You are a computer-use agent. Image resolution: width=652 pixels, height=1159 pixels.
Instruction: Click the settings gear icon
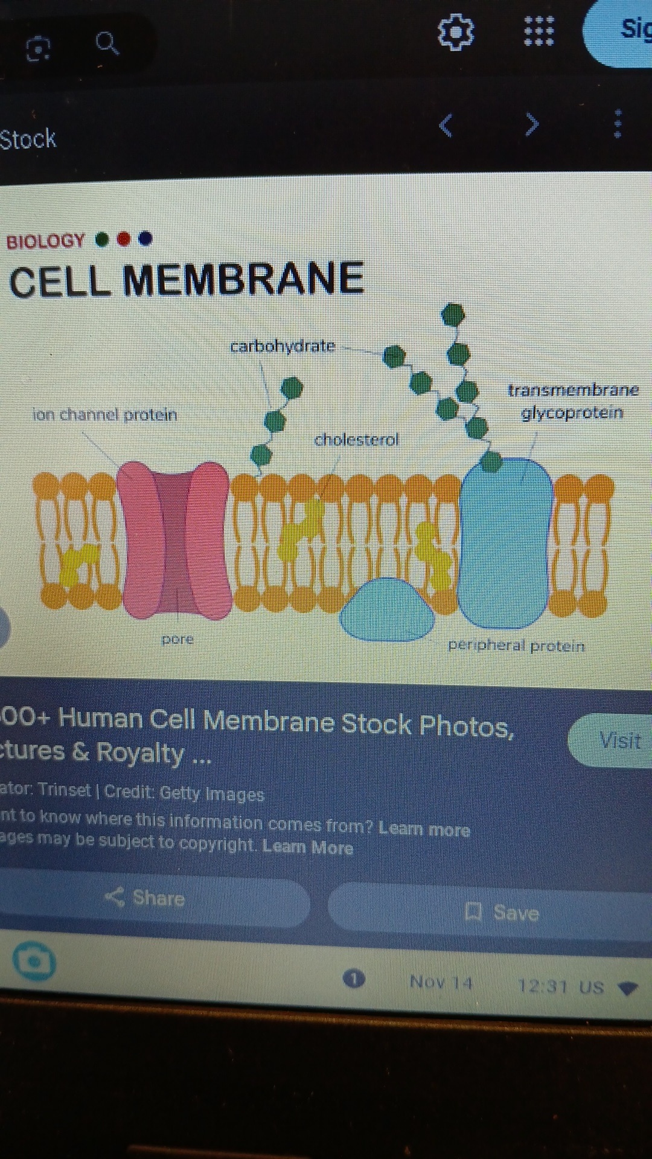[x=456, y=31]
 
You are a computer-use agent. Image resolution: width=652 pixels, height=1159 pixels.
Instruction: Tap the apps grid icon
[x=539, y=31]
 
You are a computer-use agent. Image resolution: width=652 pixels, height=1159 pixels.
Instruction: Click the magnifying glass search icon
[x=107, y=43]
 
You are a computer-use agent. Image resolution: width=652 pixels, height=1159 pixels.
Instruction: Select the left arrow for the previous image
[x=446, y=125]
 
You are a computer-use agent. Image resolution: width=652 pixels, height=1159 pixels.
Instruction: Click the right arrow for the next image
[x=531, y=124]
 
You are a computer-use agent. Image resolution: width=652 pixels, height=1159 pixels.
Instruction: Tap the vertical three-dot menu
[x=617, y=124]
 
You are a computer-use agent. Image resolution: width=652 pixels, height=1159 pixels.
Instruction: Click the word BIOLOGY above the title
[x=45, y=241]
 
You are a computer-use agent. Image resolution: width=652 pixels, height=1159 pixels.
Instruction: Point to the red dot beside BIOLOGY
[x=124, y=240]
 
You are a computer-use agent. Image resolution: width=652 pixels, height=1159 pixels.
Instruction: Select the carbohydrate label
[x=283, y=346]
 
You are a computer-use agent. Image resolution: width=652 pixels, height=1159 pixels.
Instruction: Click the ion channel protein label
[x=104, y=415]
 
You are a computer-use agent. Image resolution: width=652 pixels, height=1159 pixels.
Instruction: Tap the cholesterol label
[x=356, y=439]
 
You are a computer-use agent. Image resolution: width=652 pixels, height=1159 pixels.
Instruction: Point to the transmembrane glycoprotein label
[x=572, y=401]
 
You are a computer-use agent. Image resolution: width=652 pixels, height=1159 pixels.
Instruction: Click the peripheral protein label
[x=516, y=646]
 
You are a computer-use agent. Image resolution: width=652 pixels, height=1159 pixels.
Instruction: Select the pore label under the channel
[x=177, y=639]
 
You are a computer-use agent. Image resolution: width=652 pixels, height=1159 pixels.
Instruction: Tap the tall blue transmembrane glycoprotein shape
[x=506, y=543]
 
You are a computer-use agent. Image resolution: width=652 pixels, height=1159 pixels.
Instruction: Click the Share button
[x=145, y=898]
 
